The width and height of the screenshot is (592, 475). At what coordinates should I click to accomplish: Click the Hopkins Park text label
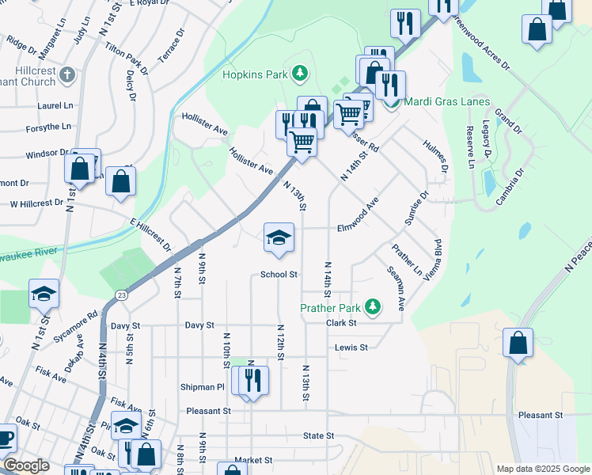(x=252, y=75)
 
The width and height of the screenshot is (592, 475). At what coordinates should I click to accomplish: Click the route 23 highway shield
(x=120, y=294)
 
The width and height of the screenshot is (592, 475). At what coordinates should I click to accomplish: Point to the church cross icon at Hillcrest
(x=67, y=75)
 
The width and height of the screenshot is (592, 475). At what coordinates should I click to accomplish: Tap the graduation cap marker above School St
(x=279, y=237)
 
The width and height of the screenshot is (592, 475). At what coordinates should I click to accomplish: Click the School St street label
(x=279, y=275)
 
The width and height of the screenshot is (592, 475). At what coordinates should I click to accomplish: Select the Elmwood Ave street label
(x=358, y=215)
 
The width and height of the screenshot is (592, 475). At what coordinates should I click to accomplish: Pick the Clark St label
(x=342, y=323)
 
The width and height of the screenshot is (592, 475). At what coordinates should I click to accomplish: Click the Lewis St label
(x=351, y=347)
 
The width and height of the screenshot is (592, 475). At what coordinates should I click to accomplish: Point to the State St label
(x=319, y=435)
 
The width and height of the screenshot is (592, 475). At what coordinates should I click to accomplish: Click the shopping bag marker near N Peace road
(x=518, y=344)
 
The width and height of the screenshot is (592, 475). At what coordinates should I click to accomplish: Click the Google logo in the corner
(x=26, y=465)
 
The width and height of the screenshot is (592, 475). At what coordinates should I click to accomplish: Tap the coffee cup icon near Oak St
(x=5, y=437)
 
